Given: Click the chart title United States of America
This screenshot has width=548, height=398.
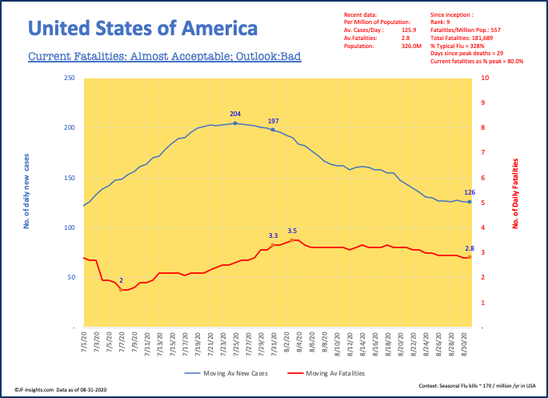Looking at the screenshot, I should (143, 30).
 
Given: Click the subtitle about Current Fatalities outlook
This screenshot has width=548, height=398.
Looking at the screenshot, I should (164, 58).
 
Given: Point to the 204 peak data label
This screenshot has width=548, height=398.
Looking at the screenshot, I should (234, 115).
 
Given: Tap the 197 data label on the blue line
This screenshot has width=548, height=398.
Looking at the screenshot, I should (273, 120).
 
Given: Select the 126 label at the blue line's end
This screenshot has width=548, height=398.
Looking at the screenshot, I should (470, 192).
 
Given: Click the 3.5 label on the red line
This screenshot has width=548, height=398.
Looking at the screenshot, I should (292, 231).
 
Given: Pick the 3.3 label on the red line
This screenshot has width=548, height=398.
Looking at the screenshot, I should (273, 235).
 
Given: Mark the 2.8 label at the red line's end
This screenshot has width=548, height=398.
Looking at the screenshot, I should (470, 248).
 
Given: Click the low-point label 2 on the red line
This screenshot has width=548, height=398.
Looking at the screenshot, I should (121, 281).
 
